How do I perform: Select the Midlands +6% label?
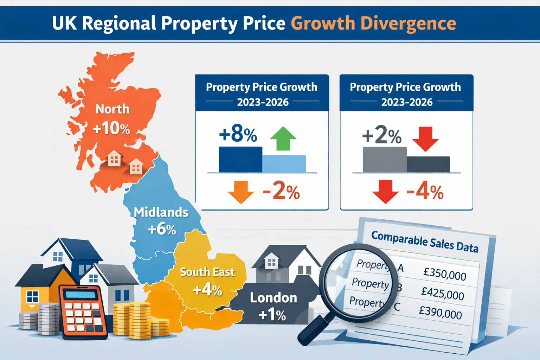[161, 221]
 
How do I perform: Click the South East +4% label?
[207, 281]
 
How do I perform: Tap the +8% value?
[238, 134]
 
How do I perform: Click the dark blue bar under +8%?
[240, 160]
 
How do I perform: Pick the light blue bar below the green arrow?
[284, 164]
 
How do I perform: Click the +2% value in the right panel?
[381, 135]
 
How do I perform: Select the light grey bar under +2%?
[385, 160]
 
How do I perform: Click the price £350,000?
[445, 274]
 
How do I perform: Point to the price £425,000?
[443, 293]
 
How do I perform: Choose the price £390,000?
[440, 312]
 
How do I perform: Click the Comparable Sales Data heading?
[425, 242]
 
